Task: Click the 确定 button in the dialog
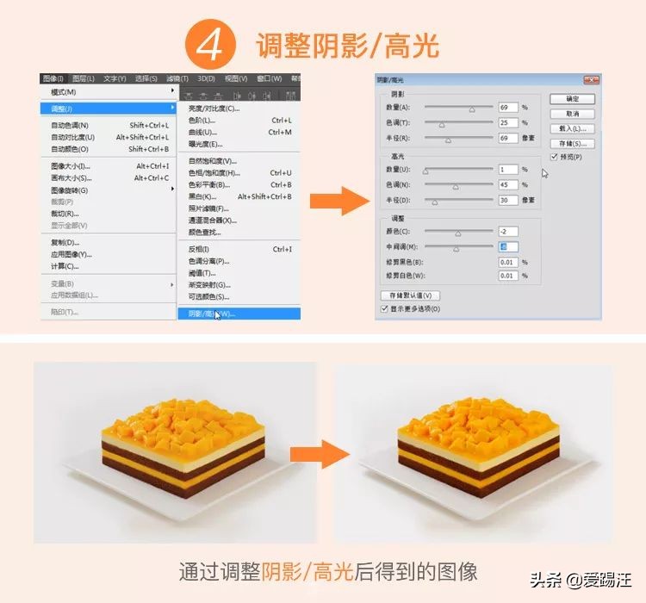[573, 98]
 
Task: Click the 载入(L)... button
[573, 128]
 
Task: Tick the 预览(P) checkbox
[554, 158]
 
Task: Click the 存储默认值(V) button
[411, 295]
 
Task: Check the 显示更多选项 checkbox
[384, 308]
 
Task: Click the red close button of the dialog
[590, 79]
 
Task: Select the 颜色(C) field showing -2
[507, 232]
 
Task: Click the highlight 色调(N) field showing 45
[507, 185]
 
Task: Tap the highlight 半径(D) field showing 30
[507, 200]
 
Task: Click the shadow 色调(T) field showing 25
[507, 122]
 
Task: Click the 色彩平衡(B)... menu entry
[210, 184]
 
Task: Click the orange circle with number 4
[208, 47]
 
